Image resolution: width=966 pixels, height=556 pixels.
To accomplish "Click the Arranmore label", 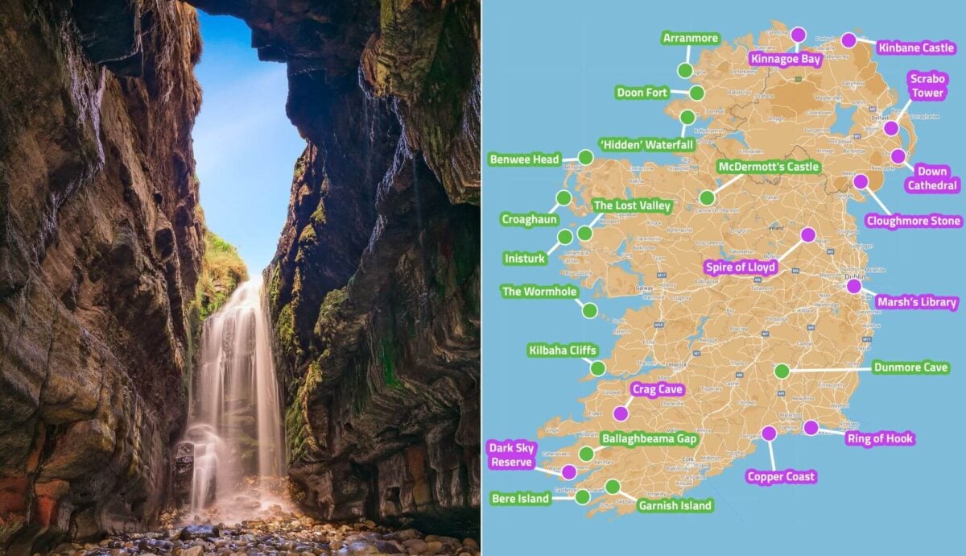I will click(x=690, y=38).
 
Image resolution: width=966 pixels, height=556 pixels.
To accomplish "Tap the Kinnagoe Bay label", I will click(x=785, y=58).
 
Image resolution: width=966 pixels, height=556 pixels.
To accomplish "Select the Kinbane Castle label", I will click(x=915, y=48).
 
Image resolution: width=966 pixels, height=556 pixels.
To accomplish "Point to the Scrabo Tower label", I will click(x=927, y=85).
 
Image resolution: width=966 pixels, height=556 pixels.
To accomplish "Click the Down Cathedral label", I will click(x=932, y=178).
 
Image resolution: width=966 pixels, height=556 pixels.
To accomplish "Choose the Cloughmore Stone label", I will click(x=914, y=221).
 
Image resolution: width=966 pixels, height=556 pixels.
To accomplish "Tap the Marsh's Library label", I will click(x=917, y=303).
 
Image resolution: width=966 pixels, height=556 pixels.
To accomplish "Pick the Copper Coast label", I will click(x=781, y=476).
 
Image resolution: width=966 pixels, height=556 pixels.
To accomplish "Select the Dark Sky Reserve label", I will click(x=511, y=454).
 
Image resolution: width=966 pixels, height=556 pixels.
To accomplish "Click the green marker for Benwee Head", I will click(x=585, y=157).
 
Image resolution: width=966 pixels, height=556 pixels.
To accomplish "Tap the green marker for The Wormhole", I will click(x=589, y=310).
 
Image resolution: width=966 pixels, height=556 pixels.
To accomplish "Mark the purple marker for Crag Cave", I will click(x=620, y=413).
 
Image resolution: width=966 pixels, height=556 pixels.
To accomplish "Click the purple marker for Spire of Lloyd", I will click(x=807, y=234).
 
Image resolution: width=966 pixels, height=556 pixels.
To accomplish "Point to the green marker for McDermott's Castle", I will click(x=707, y=197).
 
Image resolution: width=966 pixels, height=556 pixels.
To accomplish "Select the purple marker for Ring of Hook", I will click(x=811, y=428).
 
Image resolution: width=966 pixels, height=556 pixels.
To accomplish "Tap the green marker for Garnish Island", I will click(x=613, y=486).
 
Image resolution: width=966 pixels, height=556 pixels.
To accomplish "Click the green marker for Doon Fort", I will click(x=696, y=93).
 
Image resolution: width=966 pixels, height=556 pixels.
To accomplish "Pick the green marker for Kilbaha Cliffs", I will click(x=597, y=368).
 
